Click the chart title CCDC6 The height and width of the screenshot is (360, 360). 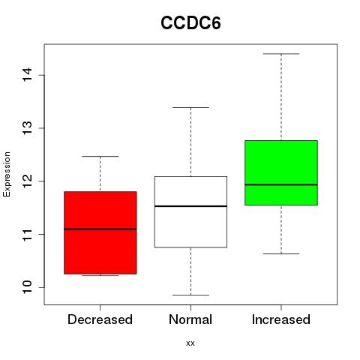[190, 23]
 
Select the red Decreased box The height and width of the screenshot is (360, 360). [100, 232]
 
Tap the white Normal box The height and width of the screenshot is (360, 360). [190, 212]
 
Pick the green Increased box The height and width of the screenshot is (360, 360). [281, 172]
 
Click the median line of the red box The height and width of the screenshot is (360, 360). [100, 229]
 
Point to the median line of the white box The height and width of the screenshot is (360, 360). [190, 206]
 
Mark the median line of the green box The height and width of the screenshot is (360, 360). [281, 184]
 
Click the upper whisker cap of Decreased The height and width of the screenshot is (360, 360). [100, 157]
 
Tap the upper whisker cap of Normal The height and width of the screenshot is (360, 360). [190, 107]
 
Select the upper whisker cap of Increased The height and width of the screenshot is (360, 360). [281, 54]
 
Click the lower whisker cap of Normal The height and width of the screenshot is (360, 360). [190, 295]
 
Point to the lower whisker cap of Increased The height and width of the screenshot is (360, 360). [281, 253]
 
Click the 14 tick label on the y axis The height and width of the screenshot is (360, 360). [28, 74]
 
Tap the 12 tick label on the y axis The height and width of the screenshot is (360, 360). [28, 181]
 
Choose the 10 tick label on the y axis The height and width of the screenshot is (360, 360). [28, 287]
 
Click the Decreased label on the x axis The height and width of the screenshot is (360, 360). [100, 319]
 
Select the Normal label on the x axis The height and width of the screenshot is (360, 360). [190, 319]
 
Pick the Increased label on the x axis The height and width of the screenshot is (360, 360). [281, 319]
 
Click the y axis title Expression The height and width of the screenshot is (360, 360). [7, 174]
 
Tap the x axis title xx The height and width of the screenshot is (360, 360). [190, 343]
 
